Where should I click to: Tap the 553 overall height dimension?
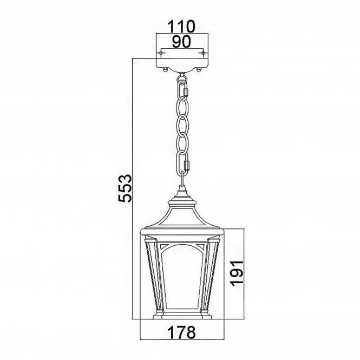point(125,188)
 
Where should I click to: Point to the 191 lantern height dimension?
point(233,274)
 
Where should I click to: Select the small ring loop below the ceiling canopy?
point(182,73)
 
